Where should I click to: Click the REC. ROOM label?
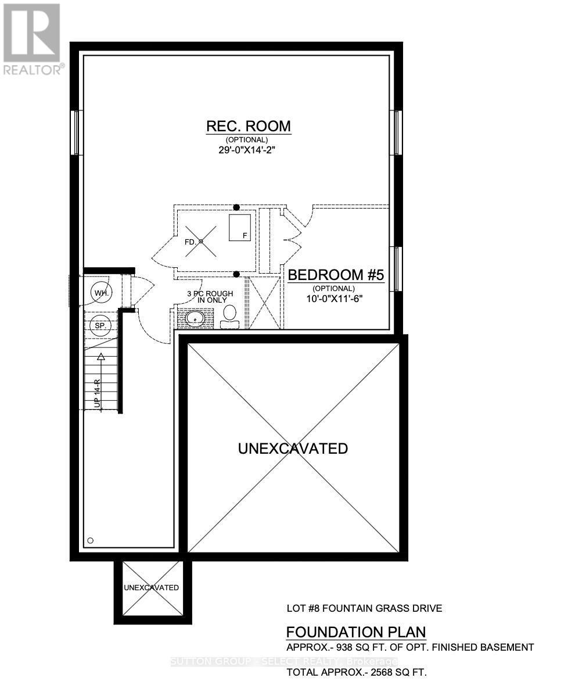[249, 126]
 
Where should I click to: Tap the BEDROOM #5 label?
[336, 275]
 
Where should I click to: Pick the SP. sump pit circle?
[100, 326]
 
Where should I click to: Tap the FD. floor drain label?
[190, 241]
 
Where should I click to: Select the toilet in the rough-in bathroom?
[229, 315]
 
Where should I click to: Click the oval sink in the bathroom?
[195, 318]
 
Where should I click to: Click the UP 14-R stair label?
[98, 393]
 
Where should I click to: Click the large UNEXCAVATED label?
[293, 449]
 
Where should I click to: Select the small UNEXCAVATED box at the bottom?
[151, 588]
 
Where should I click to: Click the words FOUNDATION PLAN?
[356, 632]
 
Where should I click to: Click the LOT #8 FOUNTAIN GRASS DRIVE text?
[364, 608]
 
